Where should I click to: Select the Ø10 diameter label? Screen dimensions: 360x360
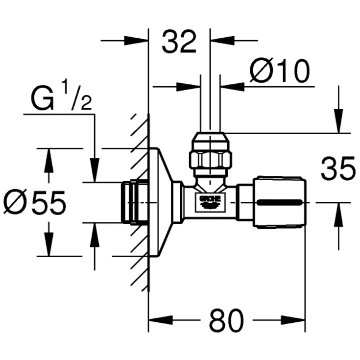[280, 72]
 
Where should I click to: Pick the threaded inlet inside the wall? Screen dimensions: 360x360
[133, 202]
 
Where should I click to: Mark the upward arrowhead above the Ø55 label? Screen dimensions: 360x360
[48, 159]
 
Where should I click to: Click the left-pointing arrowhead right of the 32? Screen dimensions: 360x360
[220, 40]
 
